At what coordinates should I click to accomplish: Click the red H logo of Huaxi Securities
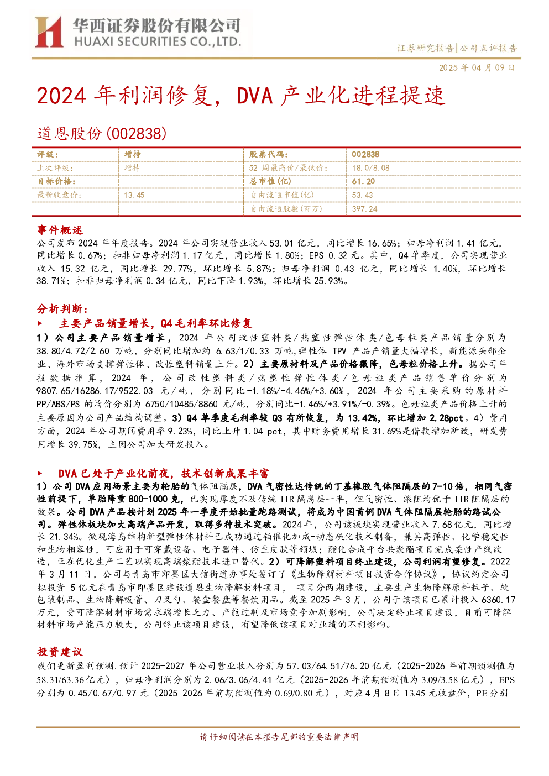tap(49, 32)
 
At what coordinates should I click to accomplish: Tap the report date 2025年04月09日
tap(477, 67)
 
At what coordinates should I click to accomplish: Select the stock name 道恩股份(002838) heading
tap(102, 134)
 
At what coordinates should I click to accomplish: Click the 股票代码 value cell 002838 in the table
tap(365, 154)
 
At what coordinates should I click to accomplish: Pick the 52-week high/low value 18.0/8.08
tap(370, 168)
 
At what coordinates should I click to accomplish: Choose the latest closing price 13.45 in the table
tap(134, 195)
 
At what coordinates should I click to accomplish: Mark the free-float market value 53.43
tap(362, 195)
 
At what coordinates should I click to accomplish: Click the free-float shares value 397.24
tap(364, 209)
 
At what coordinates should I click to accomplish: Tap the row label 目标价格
tap(56, 181)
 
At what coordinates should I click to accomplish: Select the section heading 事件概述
tap(60, 230)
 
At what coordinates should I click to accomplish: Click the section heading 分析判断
tap(62, 308)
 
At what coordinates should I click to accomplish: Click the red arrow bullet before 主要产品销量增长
tap(40, 323)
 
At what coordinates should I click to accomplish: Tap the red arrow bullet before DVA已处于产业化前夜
tap(40, 473)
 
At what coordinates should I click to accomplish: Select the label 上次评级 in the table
tap(55, 168)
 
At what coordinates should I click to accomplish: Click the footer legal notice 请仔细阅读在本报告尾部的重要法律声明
tap(279, 737)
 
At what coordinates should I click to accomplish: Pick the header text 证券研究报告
tap(425, 48)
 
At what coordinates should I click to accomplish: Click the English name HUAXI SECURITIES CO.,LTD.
tap(158, 42)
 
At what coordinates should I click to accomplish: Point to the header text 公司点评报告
tap(488, 48)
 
